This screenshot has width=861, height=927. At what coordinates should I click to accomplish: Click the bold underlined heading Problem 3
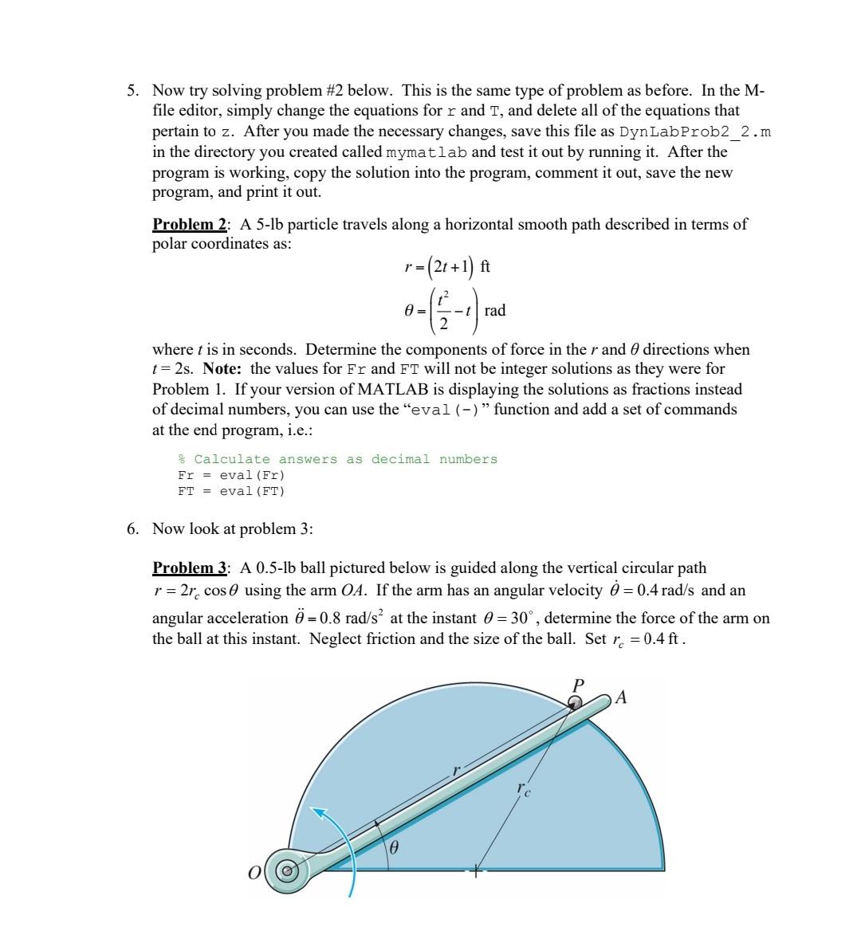(x=190, y=568)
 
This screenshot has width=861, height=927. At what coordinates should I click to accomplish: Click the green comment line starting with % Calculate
(x=337, y=459)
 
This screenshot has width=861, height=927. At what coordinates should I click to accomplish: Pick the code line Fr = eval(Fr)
(x=230, y=475)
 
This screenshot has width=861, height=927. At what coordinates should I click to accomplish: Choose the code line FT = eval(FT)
(x=230, y=491)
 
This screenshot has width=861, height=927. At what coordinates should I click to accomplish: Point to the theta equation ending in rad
(x=454, y=310)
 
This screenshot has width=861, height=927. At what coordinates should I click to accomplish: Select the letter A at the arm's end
(x=622, y=698)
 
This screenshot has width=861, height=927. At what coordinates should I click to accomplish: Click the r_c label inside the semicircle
(x=522, y=789)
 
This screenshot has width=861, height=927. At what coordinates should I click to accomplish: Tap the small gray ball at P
(x=574, y=701)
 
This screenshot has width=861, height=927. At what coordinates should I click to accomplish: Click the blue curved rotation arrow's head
(x=320, y=813)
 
